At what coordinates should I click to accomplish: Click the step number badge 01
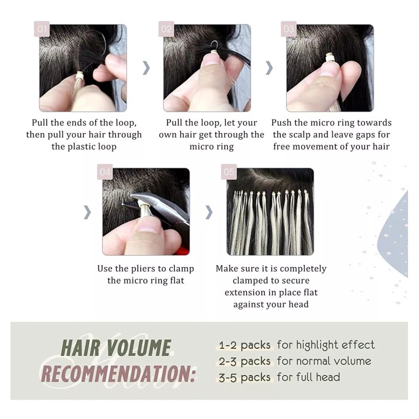tap(42, 29)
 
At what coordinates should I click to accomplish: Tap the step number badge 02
tap(166, 29)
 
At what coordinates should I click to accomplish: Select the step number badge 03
tap(289, 29)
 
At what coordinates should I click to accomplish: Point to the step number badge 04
tap(105, 172)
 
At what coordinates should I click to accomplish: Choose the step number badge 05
tap(229, 172)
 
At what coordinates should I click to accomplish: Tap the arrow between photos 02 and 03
tap(269, 68)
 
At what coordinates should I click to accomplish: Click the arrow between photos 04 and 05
tap(209, 212)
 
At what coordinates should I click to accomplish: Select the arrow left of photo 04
tap(87, 212)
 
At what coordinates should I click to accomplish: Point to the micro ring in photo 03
tap(330, 58)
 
